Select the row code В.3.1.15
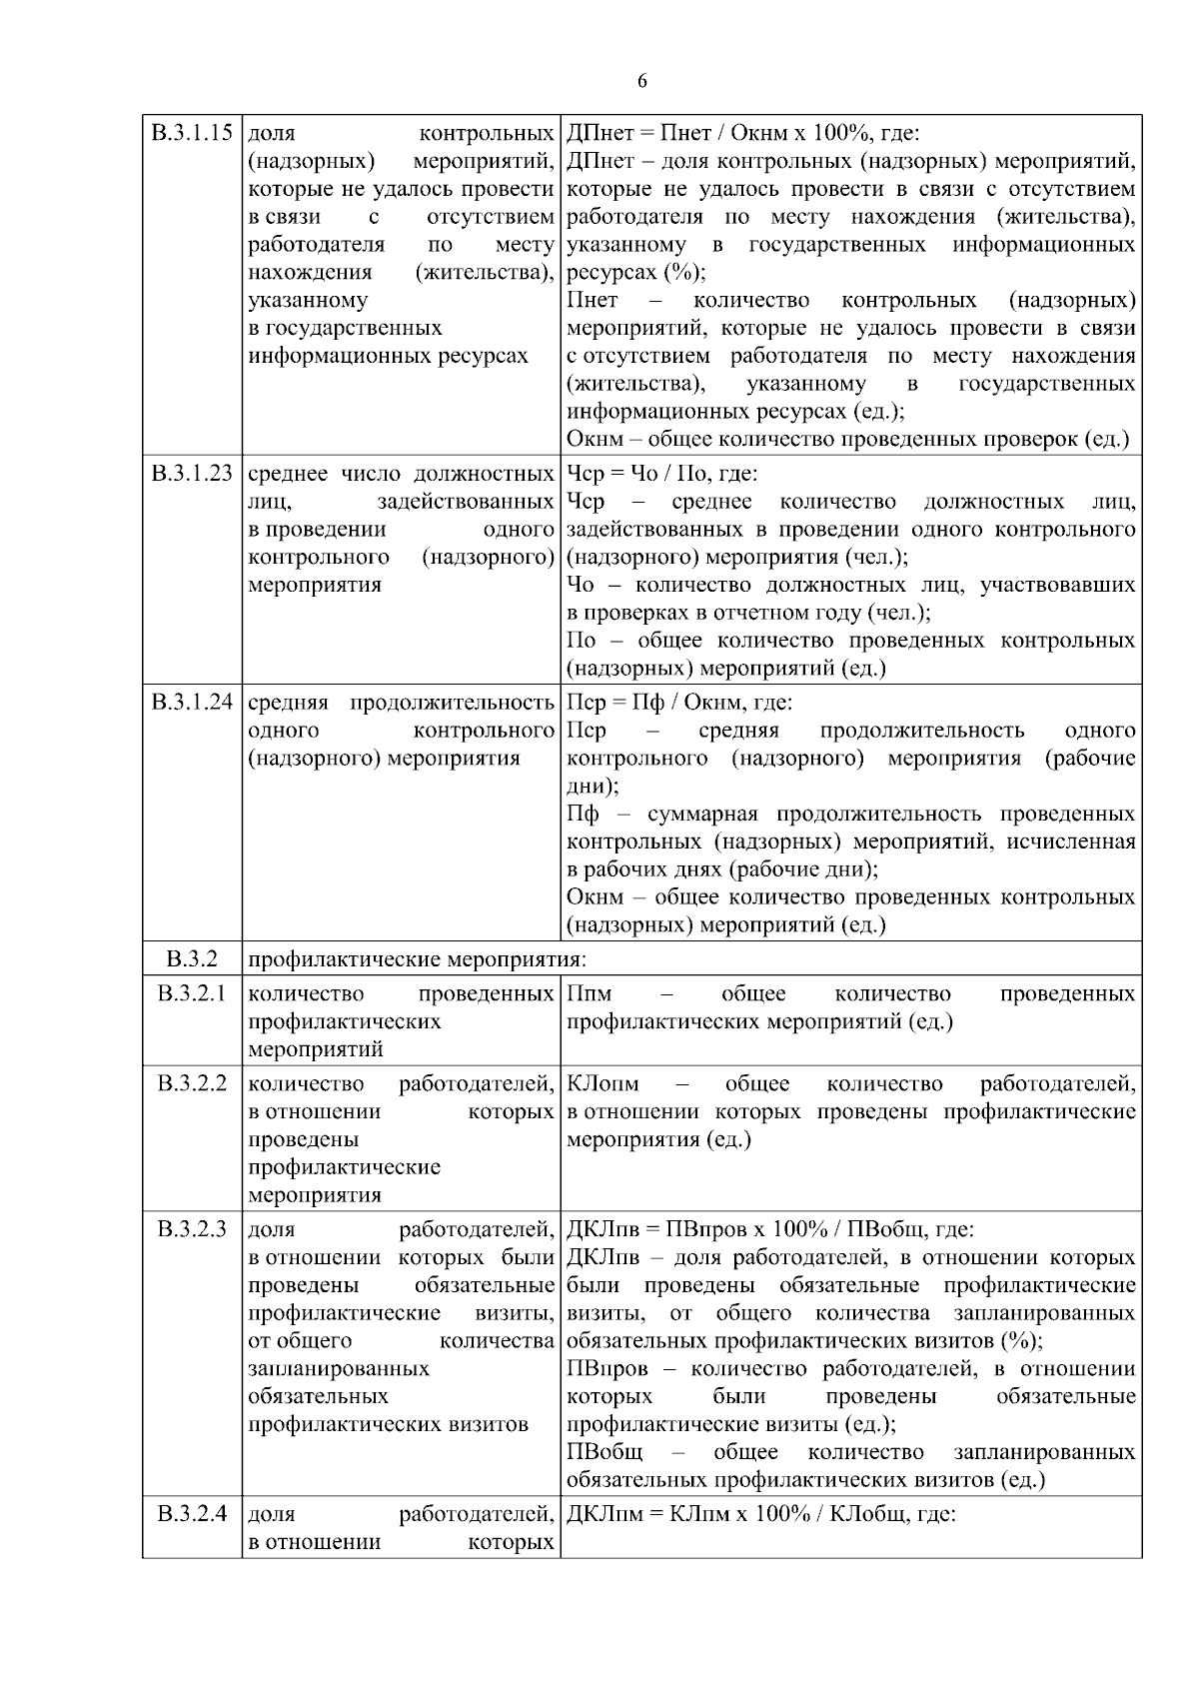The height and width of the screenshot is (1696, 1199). (192, 133)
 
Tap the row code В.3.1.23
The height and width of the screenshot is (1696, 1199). (192, 474)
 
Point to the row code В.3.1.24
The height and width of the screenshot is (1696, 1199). (192, 703)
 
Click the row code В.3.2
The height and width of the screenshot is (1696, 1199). (192, 959)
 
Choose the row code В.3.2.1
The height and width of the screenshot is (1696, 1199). (192, 993)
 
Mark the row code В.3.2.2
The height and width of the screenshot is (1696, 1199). (192, 1083)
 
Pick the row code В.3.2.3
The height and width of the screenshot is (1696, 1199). (192, 1229)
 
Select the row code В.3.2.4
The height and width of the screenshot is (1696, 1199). (192, 1514)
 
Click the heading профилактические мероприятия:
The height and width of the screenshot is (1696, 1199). (417, 960)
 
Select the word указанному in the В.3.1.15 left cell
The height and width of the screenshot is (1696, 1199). (307, 301)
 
